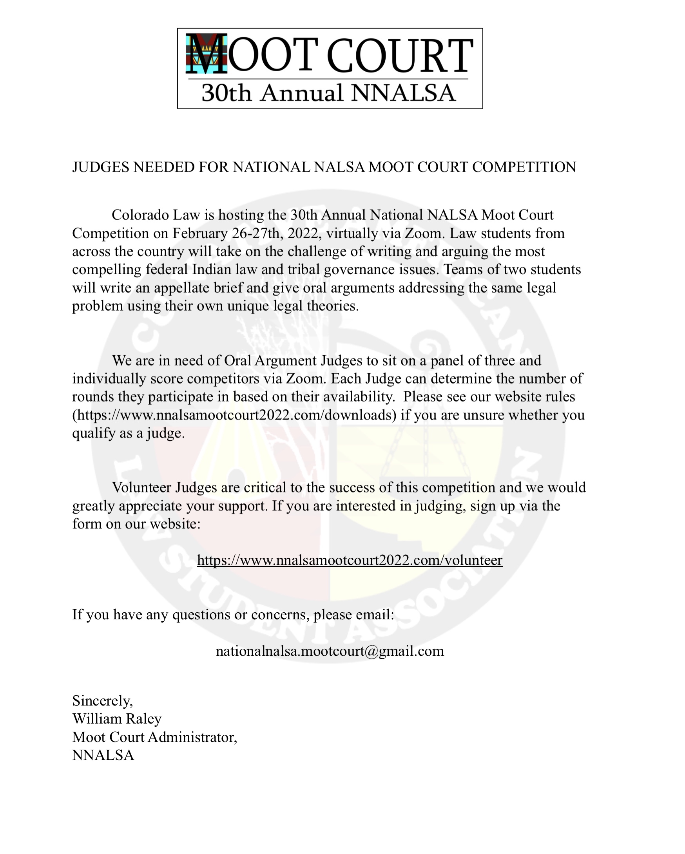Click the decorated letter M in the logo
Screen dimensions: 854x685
207,54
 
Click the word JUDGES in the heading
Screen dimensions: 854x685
101,167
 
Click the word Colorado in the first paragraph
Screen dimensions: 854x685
136,215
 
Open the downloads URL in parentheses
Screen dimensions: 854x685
234,415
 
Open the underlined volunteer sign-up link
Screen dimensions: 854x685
350,560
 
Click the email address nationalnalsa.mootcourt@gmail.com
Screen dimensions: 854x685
330,651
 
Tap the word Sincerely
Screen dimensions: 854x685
102,701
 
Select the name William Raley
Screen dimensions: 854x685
117,719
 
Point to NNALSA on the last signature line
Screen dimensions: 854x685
103,755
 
